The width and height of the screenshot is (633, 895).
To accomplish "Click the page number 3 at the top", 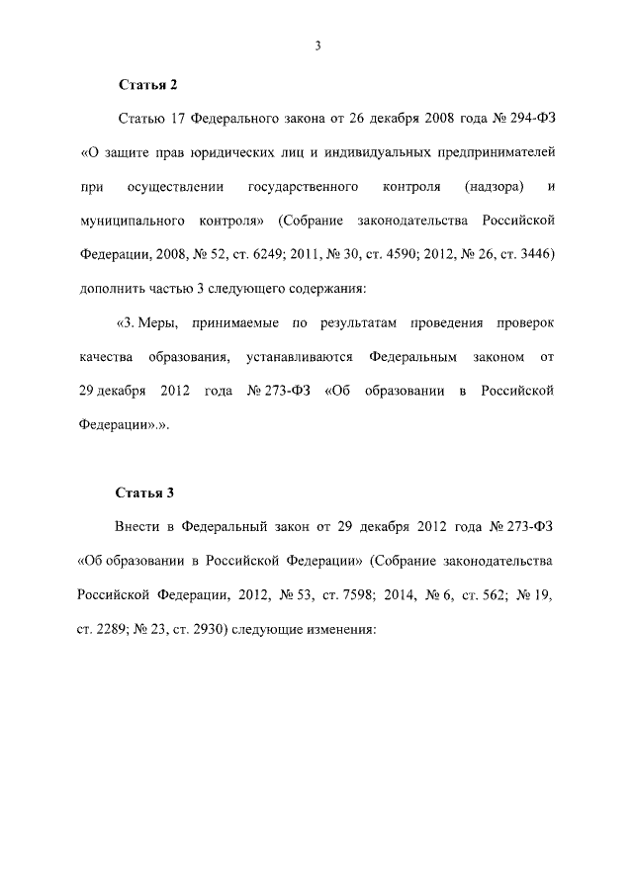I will tap(317, 45).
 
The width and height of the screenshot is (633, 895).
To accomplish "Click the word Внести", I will tap(138, 526).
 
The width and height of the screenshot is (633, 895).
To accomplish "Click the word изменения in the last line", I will tap(341, 628).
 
